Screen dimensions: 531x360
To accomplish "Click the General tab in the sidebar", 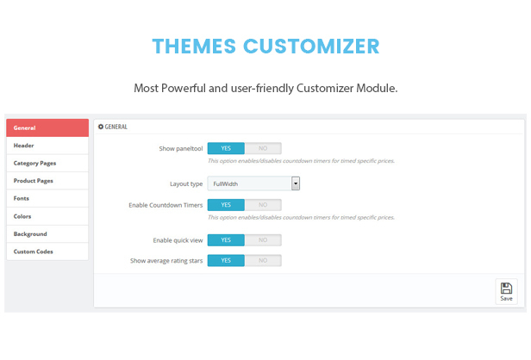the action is (x=47, y=127).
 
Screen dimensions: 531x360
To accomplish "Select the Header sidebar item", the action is (x=47, y=146).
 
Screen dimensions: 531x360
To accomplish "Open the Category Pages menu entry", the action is (x=47, y=163).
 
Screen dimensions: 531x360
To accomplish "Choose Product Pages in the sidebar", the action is (x=47, y=181).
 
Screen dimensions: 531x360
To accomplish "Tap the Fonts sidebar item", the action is (x=47, y=198).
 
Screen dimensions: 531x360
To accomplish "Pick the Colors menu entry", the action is (x=47, y=216).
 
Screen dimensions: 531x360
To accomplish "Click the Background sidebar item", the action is (x=47, y=233).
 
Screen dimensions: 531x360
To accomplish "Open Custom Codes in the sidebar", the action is (x=47, y=251).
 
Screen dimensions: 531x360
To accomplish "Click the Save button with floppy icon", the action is (x=506, y=292).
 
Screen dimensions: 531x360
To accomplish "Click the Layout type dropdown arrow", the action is (x=296, y=183).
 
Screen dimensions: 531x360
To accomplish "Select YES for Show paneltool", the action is (x=226, y=148).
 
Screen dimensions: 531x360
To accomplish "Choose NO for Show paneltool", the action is (x=263, y=148).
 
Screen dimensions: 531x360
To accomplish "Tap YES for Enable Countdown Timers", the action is (x=226, y=205).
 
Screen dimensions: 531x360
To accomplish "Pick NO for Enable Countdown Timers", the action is (x=263, y=205).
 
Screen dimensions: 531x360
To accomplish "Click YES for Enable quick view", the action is (x=226, y=240).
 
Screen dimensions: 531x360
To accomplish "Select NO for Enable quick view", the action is (x=263, y=240).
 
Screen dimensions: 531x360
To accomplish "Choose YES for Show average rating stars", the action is (x=226, y=260).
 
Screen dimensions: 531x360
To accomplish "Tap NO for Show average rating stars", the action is (x=263, y=260).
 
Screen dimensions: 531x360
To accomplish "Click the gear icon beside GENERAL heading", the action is (x=101, y=127).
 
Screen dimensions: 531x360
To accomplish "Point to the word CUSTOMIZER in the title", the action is (x=311, y=46).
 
